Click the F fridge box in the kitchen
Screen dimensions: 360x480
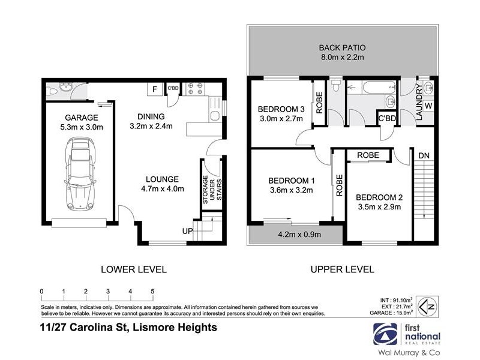click(155, 89)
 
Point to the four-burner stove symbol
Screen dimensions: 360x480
click(195, 89)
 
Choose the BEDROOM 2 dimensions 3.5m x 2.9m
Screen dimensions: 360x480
click(378, 208)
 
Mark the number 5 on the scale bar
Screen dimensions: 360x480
click(152, 292)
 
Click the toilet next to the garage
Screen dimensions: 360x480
click(52, 91)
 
